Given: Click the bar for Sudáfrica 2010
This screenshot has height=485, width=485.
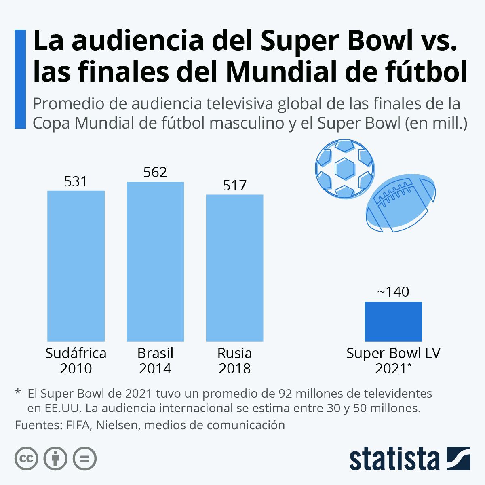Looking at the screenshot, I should point(76,266).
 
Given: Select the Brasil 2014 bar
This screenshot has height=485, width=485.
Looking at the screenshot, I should point(155,261).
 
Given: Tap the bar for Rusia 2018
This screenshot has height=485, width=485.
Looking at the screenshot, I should point(234,268).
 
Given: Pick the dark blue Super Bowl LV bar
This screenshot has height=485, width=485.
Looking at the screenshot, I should point(393,321).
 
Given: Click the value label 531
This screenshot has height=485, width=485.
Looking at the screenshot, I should point(76,181).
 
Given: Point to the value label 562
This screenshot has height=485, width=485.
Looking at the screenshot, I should point(155,173).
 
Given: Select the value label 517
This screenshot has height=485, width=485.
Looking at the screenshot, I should point(234,186).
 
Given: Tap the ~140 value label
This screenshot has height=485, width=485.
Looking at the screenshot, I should point(393,292).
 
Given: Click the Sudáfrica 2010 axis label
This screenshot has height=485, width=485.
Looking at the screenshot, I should point(76,361).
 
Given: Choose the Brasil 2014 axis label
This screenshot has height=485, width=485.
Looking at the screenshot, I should point(155,361).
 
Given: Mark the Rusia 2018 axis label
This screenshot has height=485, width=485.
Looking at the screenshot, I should point(234,361).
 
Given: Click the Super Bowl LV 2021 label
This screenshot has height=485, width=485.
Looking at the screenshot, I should point(393,361).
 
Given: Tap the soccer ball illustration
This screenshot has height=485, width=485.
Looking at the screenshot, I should point(345,169).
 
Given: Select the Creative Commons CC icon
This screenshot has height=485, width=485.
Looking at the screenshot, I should point(26,459).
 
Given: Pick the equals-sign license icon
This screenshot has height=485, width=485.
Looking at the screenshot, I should point(84,459).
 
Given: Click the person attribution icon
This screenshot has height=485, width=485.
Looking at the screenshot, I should point(55,459).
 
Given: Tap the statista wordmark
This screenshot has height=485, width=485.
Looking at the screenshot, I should point(394,459).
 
